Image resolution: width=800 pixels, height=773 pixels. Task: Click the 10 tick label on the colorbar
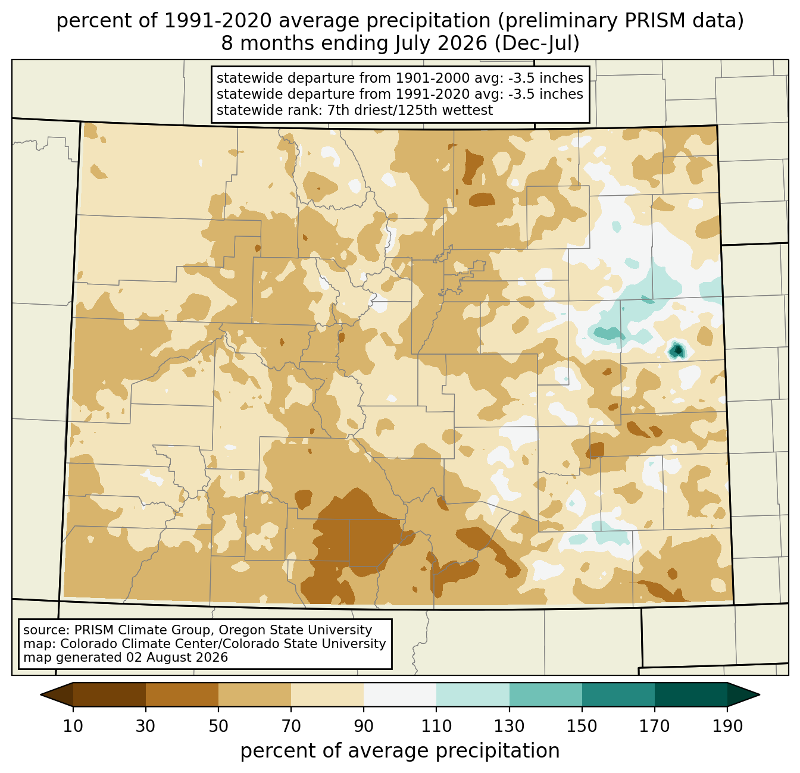[73, 726]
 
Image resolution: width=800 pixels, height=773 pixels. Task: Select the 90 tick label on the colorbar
[364, 726]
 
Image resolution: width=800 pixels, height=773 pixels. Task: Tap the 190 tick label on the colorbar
[727, 726]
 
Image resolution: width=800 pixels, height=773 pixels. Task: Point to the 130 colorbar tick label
[509, 726]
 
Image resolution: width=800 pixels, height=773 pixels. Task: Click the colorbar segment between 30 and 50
[182, 694]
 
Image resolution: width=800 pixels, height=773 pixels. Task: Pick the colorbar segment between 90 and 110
[400, 694]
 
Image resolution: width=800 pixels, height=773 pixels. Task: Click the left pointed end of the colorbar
[40, 694]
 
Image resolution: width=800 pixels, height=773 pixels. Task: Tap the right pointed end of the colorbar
[760, 694]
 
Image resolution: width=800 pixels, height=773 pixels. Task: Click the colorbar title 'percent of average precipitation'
[400, 751]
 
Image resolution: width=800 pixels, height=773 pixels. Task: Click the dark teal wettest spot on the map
[676, 350]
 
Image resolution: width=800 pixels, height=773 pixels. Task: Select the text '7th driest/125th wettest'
[410, 110]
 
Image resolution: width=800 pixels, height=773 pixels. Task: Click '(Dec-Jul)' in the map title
[537, 43]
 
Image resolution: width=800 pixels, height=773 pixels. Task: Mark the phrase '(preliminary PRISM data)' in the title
[621, 21]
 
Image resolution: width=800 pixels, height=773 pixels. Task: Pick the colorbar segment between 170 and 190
[691, 694]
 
